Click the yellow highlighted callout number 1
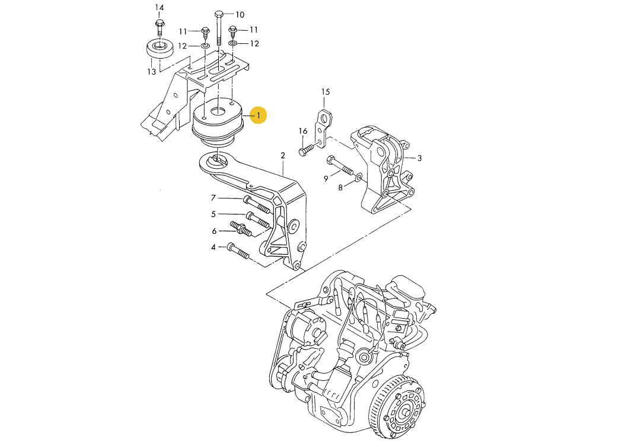tap(259, 115)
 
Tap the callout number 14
tap(159, 8)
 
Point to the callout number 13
tap(152, 72)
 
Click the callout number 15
tap(325, 92)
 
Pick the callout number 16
tap(303, 131)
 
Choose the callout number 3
tap(419, 158)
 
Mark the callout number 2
tap(283, 156)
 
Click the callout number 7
tap(213, 198)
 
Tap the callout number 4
tap(213, 246)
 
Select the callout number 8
tap(340, 188)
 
